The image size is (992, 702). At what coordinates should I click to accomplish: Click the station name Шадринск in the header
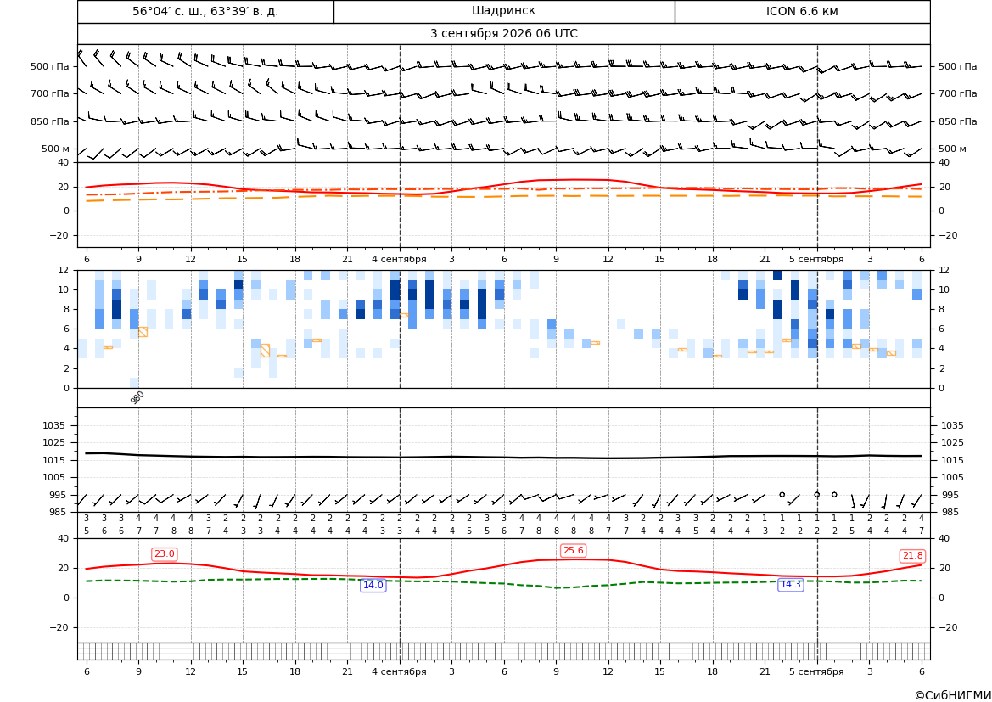coord(503,11)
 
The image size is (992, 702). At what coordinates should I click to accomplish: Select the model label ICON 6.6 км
coord(802,11)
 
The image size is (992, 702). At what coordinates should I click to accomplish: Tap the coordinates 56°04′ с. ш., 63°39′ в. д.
coord(205,11)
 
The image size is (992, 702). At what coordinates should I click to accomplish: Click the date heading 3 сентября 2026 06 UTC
coord(503,34)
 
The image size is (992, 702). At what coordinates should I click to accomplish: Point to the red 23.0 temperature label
coord(165,554)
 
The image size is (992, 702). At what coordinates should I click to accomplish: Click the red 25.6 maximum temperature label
coord(573,551)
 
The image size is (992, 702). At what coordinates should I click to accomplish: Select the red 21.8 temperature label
coord(912,556)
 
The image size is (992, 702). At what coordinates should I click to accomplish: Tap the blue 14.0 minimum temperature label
coord(373,586)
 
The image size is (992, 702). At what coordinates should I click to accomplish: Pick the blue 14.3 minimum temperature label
coord(790,584)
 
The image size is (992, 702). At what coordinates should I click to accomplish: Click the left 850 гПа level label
coord(50,121)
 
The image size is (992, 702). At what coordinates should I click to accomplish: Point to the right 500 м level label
coord(952,149)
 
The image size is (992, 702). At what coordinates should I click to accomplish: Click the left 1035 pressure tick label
coord(56,425)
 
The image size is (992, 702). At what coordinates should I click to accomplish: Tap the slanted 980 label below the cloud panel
coord(137,397)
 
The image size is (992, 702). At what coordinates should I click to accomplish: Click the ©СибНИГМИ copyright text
coord(953,696)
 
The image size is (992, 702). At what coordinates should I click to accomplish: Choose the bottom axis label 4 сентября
coord(399,671)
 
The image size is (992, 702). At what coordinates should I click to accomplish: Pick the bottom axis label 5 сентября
coord(816,671)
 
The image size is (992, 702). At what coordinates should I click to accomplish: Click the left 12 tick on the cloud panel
coord(64,270)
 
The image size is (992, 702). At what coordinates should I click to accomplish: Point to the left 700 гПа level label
coord(50,93)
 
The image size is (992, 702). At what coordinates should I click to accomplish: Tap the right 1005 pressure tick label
coord(952,477)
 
